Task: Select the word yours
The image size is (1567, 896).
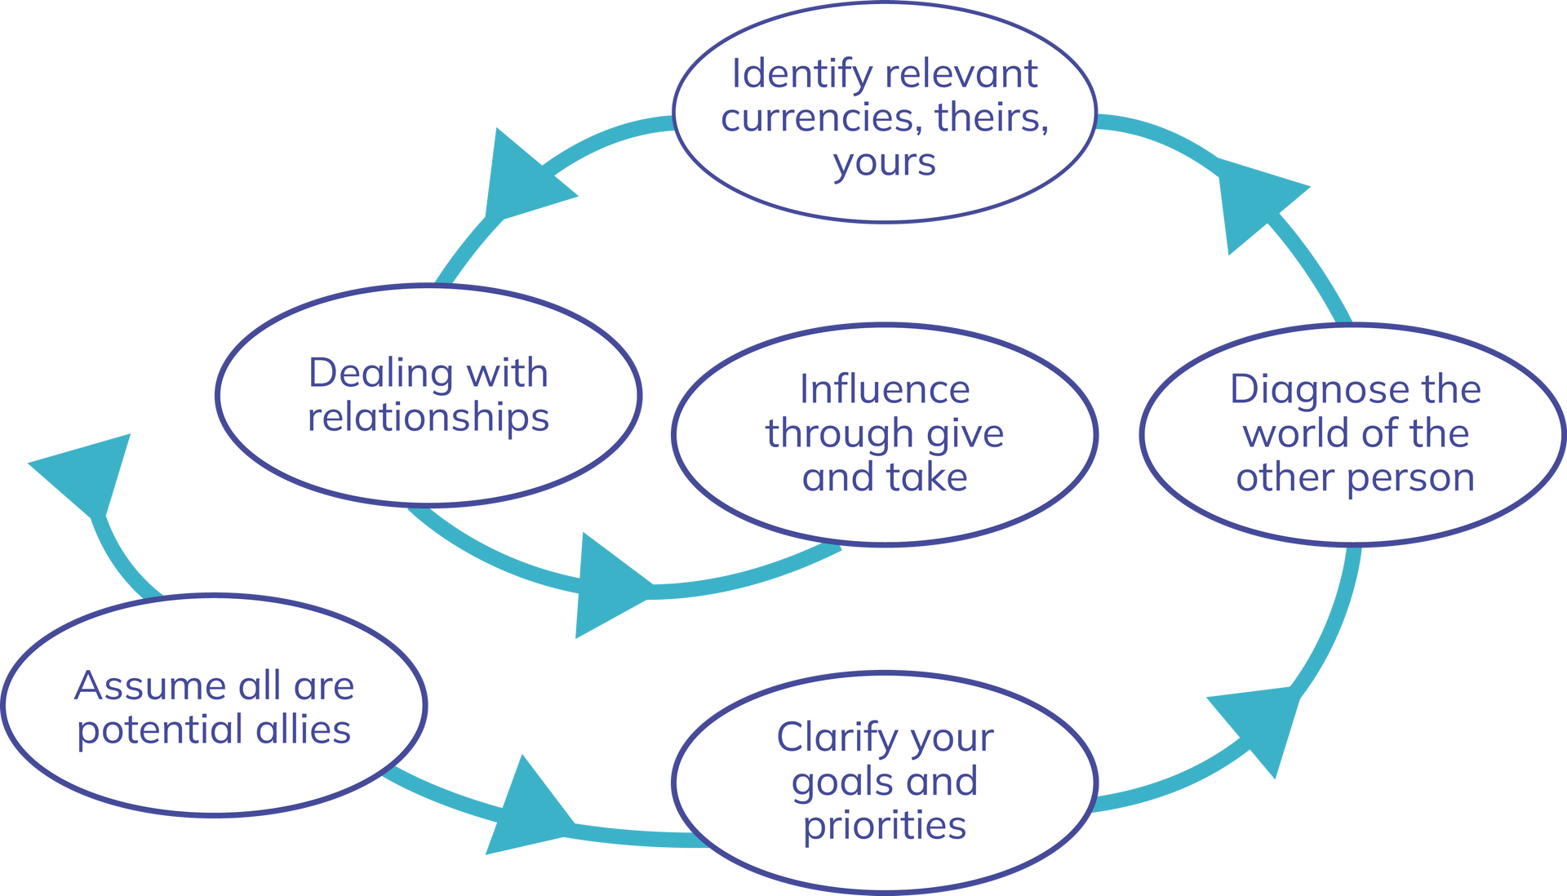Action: point(884,162)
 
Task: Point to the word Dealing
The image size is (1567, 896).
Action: point(381,374)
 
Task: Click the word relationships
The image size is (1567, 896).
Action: point(428,417)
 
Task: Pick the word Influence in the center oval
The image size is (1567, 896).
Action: point(885,389)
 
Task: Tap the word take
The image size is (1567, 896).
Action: point(927,477)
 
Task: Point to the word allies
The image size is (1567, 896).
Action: point(303,730)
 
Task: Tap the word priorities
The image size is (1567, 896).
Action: point(885,826)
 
